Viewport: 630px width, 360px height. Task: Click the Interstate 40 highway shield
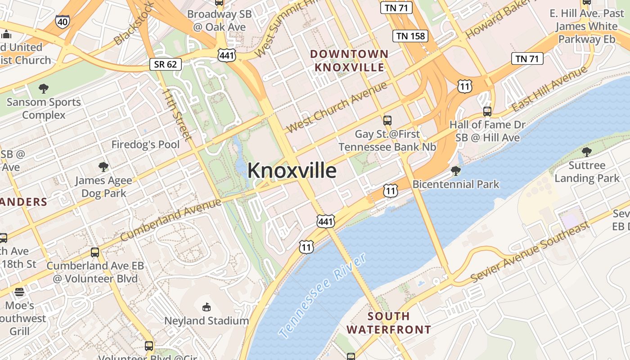63,21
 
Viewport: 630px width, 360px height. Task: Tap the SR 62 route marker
166,64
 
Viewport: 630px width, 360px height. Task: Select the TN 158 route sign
410,36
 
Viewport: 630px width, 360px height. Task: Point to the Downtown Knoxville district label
350,61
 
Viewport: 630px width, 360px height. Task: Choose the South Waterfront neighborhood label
388,323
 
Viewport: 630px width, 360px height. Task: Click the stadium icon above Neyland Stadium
206,307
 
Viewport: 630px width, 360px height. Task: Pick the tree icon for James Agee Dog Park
103,167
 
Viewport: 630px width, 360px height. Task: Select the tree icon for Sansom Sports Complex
44,88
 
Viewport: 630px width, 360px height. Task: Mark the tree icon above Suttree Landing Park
587,152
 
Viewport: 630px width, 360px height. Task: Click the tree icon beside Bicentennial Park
455,171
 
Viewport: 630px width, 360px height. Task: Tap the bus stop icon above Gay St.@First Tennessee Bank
387,120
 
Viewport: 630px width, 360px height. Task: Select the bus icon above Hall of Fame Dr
487,111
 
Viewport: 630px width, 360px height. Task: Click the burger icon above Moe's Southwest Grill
19,292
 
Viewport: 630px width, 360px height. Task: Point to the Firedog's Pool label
145,144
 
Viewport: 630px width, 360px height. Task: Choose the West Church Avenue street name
336,107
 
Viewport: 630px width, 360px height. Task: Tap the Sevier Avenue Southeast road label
530,252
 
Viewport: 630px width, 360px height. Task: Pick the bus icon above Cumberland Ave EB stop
95,252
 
